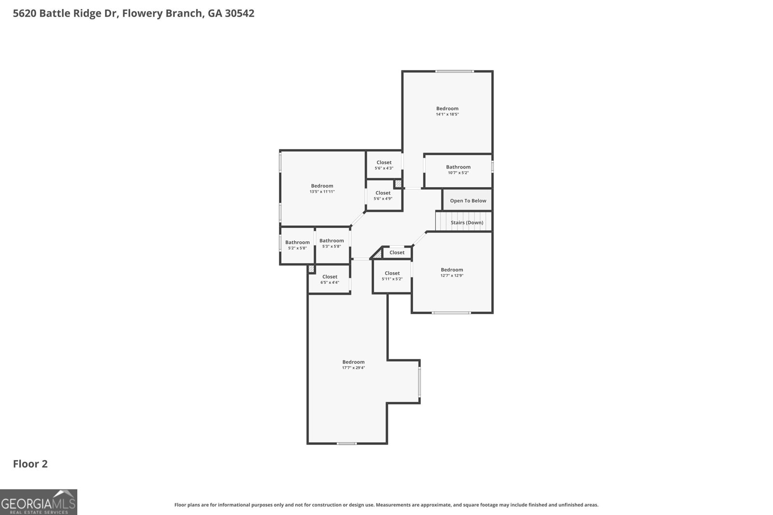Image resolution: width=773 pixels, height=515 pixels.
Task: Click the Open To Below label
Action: [468, 201]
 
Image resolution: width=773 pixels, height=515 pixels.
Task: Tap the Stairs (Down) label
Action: [467, 223]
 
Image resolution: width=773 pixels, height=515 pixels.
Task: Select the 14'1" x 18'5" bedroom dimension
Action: [447, 114]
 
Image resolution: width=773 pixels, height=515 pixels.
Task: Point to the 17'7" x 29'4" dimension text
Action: [353, 368]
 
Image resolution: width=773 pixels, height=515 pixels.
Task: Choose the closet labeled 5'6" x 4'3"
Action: [384, 165]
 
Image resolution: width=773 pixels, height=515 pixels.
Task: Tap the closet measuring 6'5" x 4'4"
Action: [330, 279]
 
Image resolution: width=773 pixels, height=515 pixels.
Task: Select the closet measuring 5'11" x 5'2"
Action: [392, 276]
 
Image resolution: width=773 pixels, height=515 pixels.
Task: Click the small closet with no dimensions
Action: [397, 253]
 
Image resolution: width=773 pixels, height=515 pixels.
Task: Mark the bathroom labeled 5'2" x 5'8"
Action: [298, 245]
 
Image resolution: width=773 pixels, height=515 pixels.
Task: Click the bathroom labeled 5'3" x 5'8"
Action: [331, 243]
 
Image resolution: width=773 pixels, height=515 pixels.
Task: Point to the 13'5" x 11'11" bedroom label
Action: [322, 189]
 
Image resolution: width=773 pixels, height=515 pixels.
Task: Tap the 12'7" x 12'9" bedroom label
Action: [452, 272]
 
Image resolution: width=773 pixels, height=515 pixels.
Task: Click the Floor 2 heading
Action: [30, 464]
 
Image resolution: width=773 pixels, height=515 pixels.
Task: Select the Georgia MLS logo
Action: [39, 502]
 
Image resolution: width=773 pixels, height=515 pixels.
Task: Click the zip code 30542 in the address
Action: [240, 13]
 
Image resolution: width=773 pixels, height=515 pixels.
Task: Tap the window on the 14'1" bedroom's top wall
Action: [455, 71]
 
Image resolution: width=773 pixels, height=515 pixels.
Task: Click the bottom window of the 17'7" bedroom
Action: [347, 444]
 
